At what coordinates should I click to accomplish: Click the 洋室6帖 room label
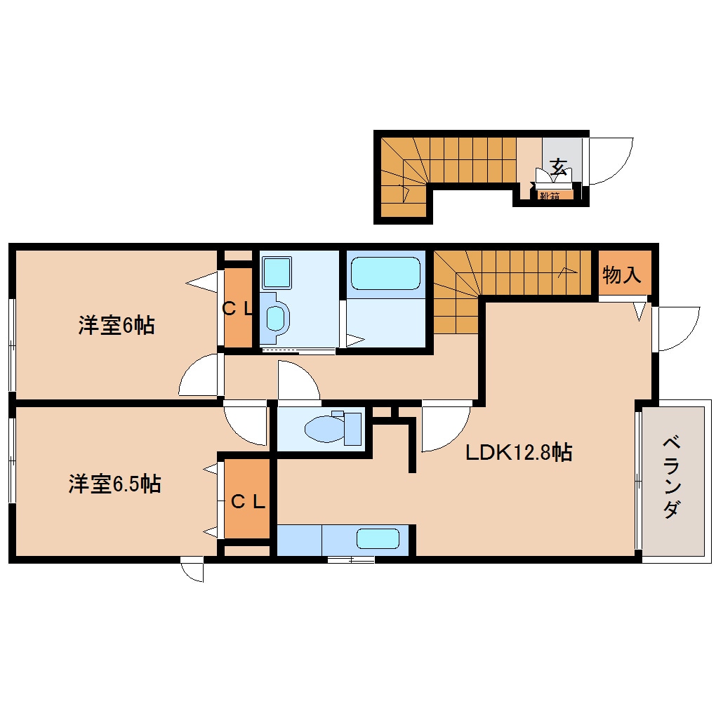pyautogui.click(x=116, y=326)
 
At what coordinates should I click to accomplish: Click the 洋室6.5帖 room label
pyautogui.click(x=114, y=484)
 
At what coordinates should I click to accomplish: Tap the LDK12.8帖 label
pyautogui.click(x=519, y=452)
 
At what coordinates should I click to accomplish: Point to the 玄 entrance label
pyautogui.click(x=559, y=167)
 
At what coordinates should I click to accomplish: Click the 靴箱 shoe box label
pyautogui.click(x=550, y=196)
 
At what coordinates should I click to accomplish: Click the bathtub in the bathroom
pyautogui.click(x=385, y=273)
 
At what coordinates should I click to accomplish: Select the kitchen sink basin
pyautogui.click(x=378, y=539)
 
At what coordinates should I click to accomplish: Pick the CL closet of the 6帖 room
pyautogui.click(x=237, y=308)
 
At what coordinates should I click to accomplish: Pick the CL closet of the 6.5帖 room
pyautogui.click(x=248, y=501)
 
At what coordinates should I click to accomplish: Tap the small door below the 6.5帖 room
pyautogui.click(x=192, y=571)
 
